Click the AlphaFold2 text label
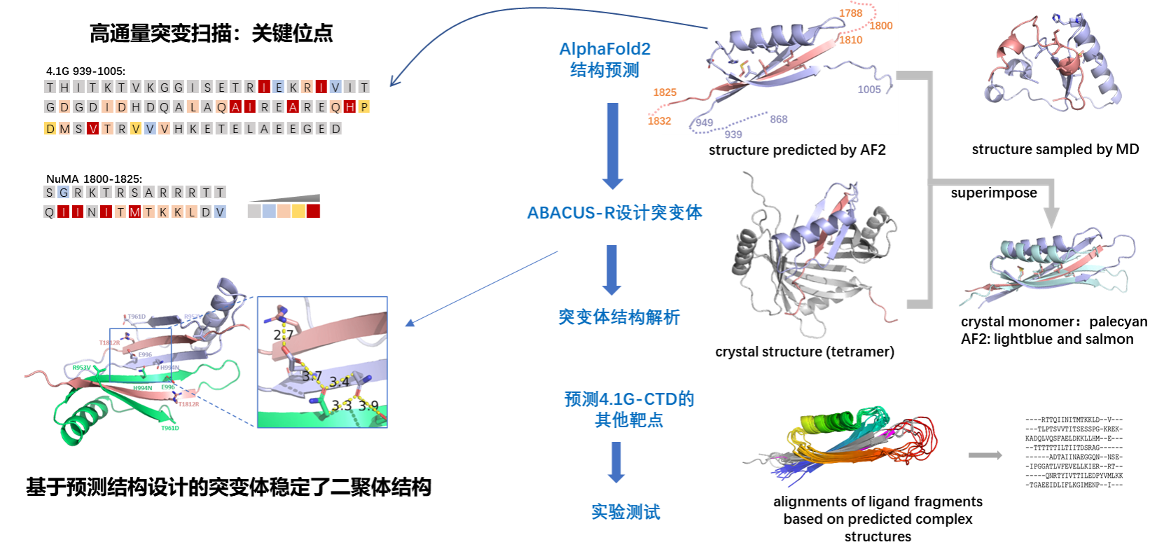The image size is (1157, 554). coord(604,49)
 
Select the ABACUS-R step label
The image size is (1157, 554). coord(614,212)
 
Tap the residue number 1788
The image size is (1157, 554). coord(850,13)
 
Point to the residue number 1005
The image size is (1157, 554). coord(868,90)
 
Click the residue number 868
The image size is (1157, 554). coord(778,119)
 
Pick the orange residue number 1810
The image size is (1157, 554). coord(850,40)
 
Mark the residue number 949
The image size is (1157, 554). coord(704,123)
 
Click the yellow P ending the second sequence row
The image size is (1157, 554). coord(364,106)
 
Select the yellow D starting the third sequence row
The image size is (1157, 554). coord(50,129)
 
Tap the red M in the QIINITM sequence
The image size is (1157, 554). coord(134,212)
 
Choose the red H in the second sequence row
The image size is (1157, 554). coord(350,106)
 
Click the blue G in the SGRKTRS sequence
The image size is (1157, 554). coord(64,193)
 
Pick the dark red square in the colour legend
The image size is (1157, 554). coord(313,211)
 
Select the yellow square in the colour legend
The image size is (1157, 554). coord(298,211)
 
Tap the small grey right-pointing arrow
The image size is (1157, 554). coord(985,455)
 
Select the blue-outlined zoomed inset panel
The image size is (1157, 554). coord(322,361)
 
